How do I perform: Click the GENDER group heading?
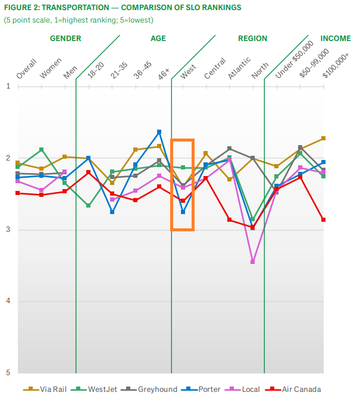coord(65,39)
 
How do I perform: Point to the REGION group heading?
coord(252,39)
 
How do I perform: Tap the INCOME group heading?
coord(336,39)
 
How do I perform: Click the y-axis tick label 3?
coord(8,230)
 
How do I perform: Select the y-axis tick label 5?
coord(8,373)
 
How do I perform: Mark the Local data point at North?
coord(253,262)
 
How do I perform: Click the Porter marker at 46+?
coord(159,131)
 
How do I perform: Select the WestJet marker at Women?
coord(41,149)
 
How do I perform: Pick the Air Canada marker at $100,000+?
coord(323,219)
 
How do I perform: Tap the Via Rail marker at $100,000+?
coord(323,138)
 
